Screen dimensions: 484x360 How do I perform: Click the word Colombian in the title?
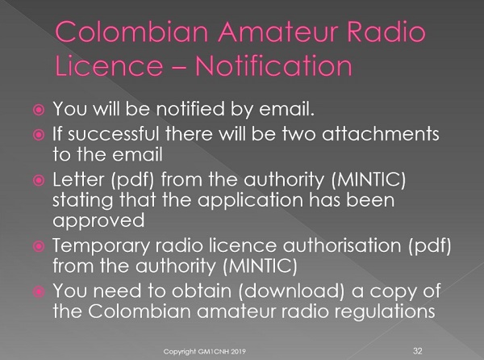131,31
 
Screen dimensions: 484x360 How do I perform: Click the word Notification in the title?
273,65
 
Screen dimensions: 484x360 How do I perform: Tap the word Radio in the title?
386,31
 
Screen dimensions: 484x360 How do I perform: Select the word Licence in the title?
109,65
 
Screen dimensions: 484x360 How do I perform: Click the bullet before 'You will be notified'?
39,110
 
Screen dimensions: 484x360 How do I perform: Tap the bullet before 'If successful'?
39,135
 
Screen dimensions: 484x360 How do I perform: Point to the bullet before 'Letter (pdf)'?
39,180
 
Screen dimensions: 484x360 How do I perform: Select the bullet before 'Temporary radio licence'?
39,246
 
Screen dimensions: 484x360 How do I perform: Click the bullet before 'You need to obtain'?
39,291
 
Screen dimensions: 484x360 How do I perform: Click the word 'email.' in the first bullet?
286,109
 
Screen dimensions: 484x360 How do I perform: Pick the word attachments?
381,134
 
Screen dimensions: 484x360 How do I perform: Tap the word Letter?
78,180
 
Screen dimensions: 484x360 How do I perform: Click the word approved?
98,221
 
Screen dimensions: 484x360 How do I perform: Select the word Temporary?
102,246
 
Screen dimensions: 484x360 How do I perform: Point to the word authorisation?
342,245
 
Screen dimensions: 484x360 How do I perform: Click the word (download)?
291,291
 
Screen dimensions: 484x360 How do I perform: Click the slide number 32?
418,351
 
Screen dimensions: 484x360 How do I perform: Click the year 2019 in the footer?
238,351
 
